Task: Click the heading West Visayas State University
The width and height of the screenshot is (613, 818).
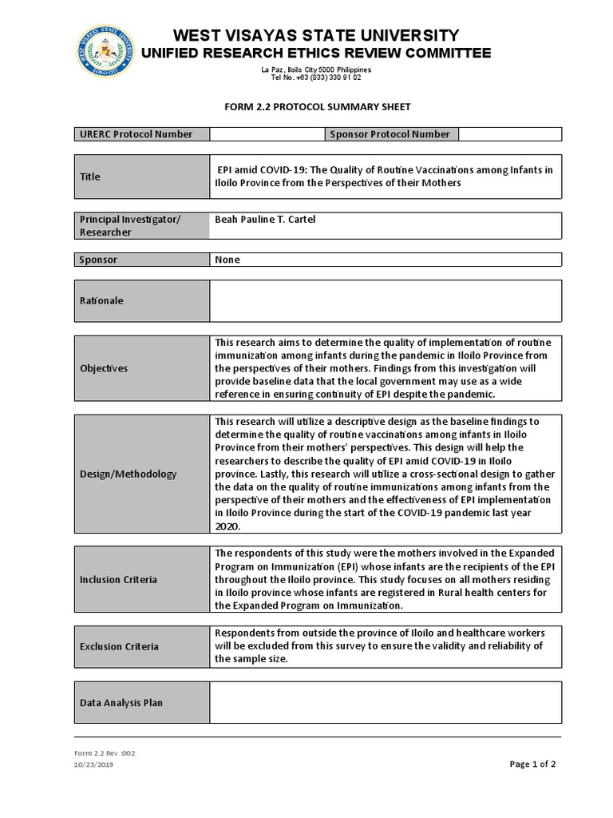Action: coord(316,35)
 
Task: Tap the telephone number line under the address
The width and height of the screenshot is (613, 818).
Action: coord(316,77)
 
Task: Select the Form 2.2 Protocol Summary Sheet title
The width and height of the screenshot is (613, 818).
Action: coord(316,106)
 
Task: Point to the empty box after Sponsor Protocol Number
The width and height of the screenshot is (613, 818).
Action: coord(509,134)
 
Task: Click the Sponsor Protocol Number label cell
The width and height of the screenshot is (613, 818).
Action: coord(390,134)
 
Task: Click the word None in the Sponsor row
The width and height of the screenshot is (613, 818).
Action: coord(227,260)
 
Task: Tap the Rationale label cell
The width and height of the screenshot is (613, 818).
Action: coord(142,300)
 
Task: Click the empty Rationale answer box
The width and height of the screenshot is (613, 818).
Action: coord(385,300)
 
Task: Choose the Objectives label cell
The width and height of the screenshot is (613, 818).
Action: coord(142,368)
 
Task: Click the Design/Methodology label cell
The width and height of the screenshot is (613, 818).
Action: coord(142,474)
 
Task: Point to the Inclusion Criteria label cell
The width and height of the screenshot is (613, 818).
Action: coord(142,579)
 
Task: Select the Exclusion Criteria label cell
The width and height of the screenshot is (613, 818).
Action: coord(142,646)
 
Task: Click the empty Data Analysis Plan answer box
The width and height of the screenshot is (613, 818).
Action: coord(385,702)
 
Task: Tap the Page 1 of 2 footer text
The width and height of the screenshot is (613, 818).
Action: coord(532,764)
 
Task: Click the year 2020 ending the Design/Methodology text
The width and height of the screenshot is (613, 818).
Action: coord(227,527)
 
